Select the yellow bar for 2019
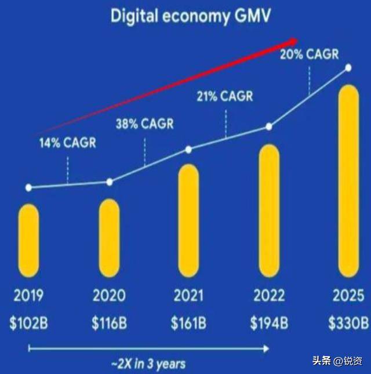[x=28, y=241]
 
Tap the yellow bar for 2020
[x=109, y=238]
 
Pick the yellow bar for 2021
[x=189, y=220]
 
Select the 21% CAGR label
[x=225, y=96]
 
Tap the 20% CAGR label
[x=309, y=56]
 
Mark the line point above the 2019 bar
[x=28, y=187]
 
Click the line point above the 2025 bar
[x=348, y=68]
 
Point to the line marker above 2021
[x=189, y=150]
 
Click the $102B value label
[x=28, y=323]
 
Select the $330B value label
[x=348, y=323]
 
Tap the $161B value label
[x=189, y=323]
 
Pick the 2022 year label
[x=269, y=296]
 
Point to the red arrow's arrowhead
[x=293, y=41]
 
